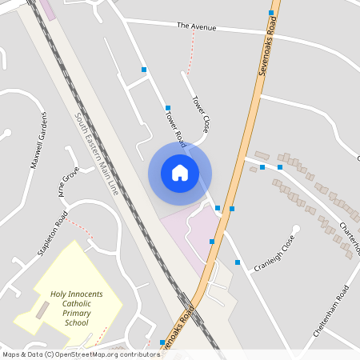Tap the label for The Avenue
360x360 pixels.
click(197, 27)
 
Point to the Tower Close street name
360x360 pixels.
click(200, 114)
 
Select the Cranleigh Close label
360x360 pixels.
click(275, 248)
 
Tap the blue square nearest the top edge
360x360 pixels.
click(271, 13)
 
